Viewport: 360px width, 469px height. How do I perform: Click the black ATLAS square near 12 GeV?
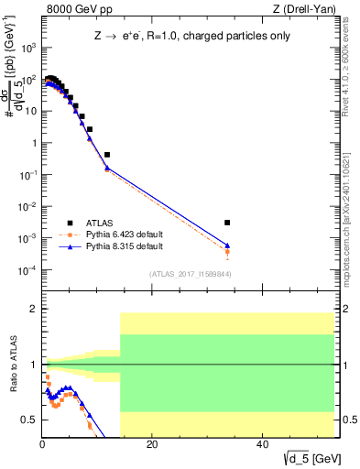[107, 155]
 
